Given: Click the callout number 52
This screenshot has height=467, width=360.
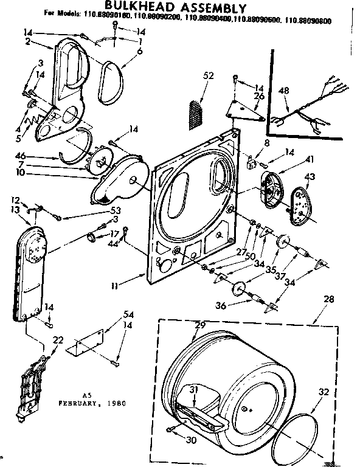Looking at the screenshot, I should (x=209, y=75).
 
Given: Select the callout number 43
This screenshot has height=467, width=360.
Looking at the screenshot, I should (x=310, y=176).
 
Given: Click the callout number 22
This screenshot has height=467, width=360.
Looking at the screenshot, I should (x=57, y=340).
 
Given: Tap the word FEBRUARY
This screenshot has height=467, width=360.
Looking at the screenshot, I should (x=78, y=403).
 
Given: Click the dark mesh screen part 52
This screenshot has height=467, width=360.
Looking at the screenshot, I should (x=195, y=113).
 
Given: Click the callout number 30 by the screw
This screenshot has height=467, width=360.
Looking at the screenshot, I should (x=192, y=441).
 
